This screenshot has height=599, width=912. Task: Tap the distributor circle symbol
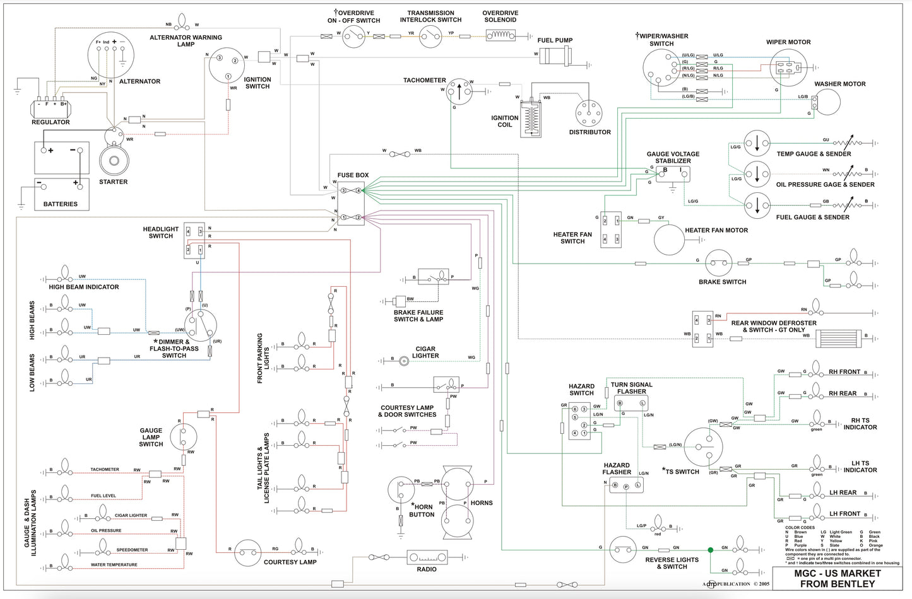(x=589, y=113)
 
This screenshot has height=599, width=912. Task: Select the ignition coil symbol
(x=532, y=119)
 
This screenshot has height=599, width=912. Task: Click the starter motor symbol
(x=114, y=160)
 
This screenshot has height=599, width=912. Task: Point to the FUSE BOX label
(x=353, y=175)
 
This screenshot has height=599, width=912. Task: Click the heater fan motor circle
(x=669, y=240)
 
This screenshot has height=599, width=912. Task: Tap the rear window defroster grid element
(x=839, y=339)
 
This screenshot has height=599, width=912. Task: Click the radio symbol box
(x=427, y=557)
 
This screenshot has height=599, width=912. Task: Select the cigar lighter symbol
(x=404, y=361)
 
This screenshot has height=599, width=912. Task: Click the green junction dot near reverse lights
(x=711, y=550)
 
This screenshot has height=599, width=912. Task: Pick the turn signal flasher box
(x=629, y=403)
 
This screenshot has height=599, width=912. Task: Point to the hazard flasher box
(x=626, y=486)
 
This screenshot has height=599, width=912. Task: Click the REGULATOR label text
(x=50, y=122)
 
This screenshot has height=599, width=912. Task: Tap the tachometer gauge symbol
(x=459, y=92)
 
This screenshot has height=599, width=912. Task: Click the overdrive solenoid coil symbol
(x=500, y=36)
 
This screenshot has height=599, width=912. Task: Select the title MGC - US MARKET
(x=837, y=573)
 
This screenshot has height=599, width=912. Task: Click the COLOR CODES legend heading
(x=800, y=528)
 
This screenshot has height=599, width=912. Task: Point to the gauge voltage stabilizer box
(x=673, y=174)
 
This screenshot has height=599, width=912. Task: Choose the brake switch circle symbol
(x=718, y=264)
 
